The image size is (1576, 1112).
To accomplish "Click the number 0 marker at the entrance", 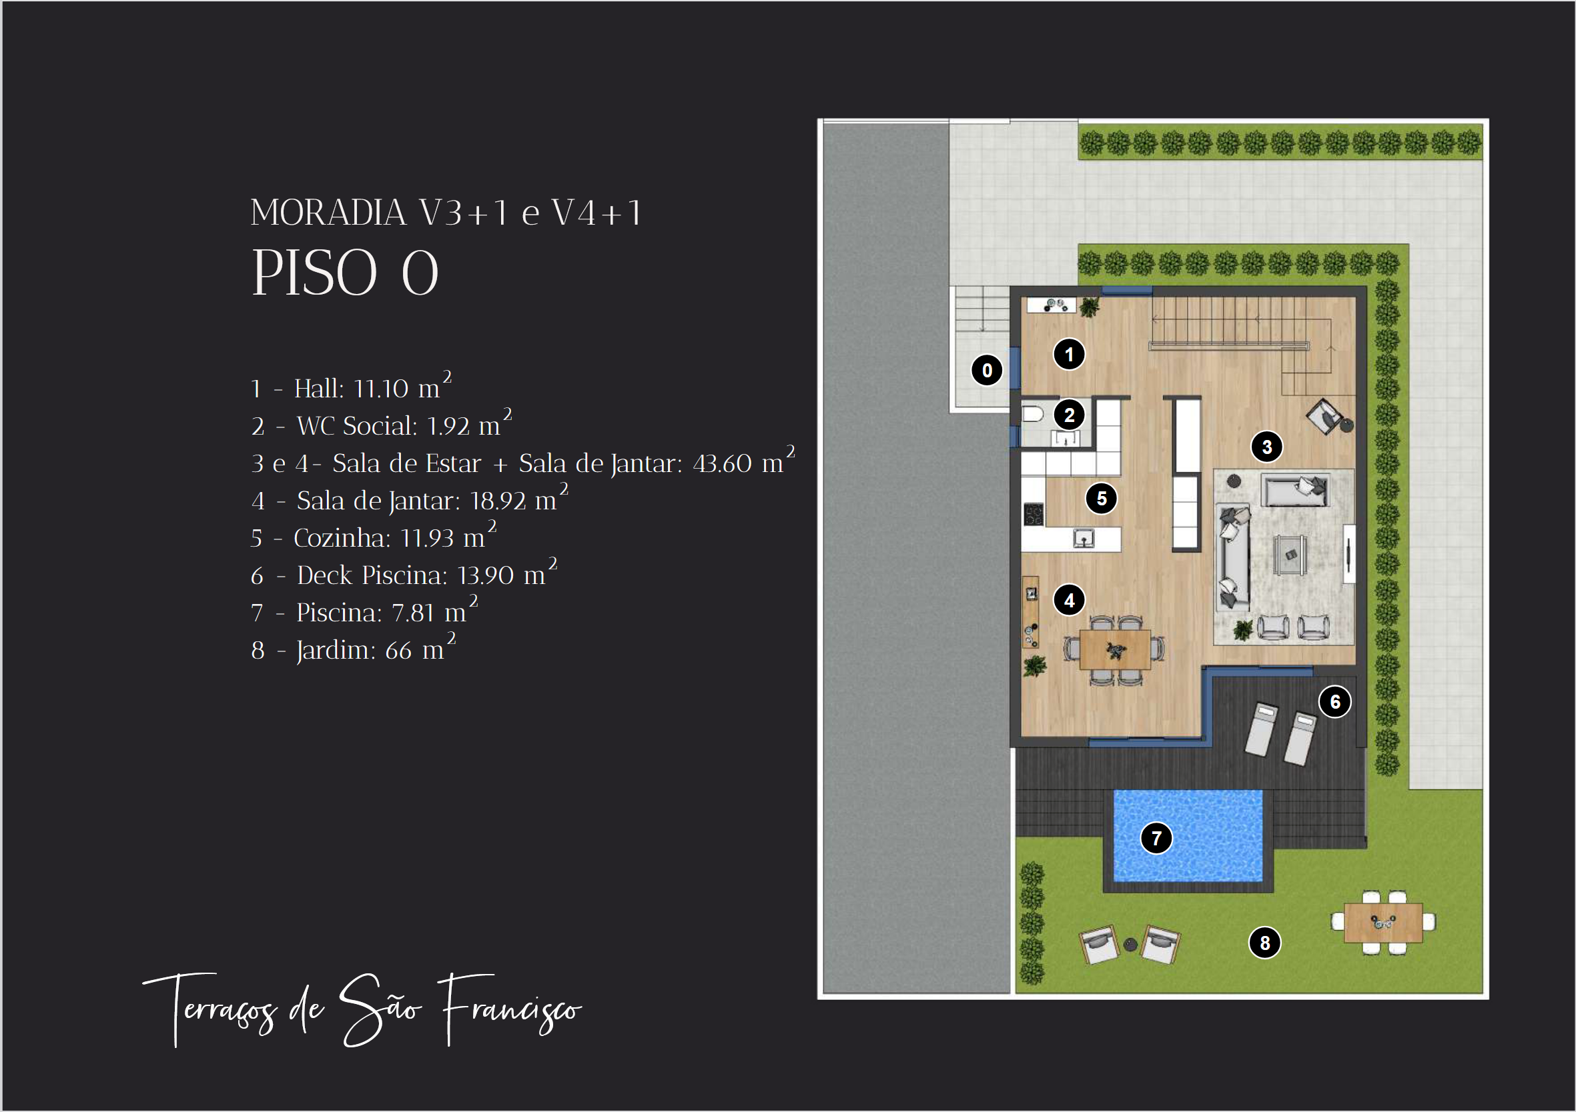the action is click(x=987, y=371).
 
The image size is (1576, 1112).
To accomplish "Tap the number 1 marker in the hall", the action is click(x=1069, y=355).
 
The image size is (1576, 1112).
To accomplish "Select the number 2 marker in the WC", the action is click(x=1069, y=415).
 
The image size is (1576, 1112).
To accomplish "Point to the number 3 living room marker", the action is click(x=1267, y=447).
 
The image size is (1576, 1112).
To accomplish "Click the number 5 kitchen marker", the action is click(x=1102, y=498).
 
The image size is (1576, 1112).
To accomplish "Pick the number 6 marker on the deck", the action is click(x=1335, y=702).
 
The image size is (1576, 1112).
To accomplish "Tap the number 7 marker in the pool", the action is click(x=1156, y=838).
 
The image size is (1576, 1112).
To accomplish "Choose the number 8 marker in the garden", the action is click(x=1264, y=943).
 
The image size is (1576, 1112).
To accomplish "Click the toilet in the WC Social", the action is click(x=1032, y=413).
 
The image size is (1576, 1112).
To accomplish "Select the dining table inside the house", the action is click(x=1115, y=649).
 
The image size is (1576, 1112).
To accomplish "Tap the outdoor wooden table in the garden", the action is click(x=1383, y=923).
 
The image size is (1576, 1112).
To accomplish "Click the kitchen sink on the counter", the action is click(x=1084, y=539).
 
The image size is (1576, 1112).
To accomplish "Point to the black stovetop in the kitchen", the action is click(x=1034, y=515).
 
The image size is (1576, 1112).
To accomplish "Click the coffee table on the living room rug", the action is click(x=1290, y=554).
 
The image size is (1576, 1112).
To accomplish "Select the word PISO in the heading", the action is click(x=315, y=273).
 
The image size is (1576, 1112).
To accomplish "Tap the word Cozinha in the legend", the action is click(x=342, y=538).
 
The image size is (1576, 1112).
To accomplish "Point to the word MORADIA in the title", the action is click(x=329, y=213).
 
